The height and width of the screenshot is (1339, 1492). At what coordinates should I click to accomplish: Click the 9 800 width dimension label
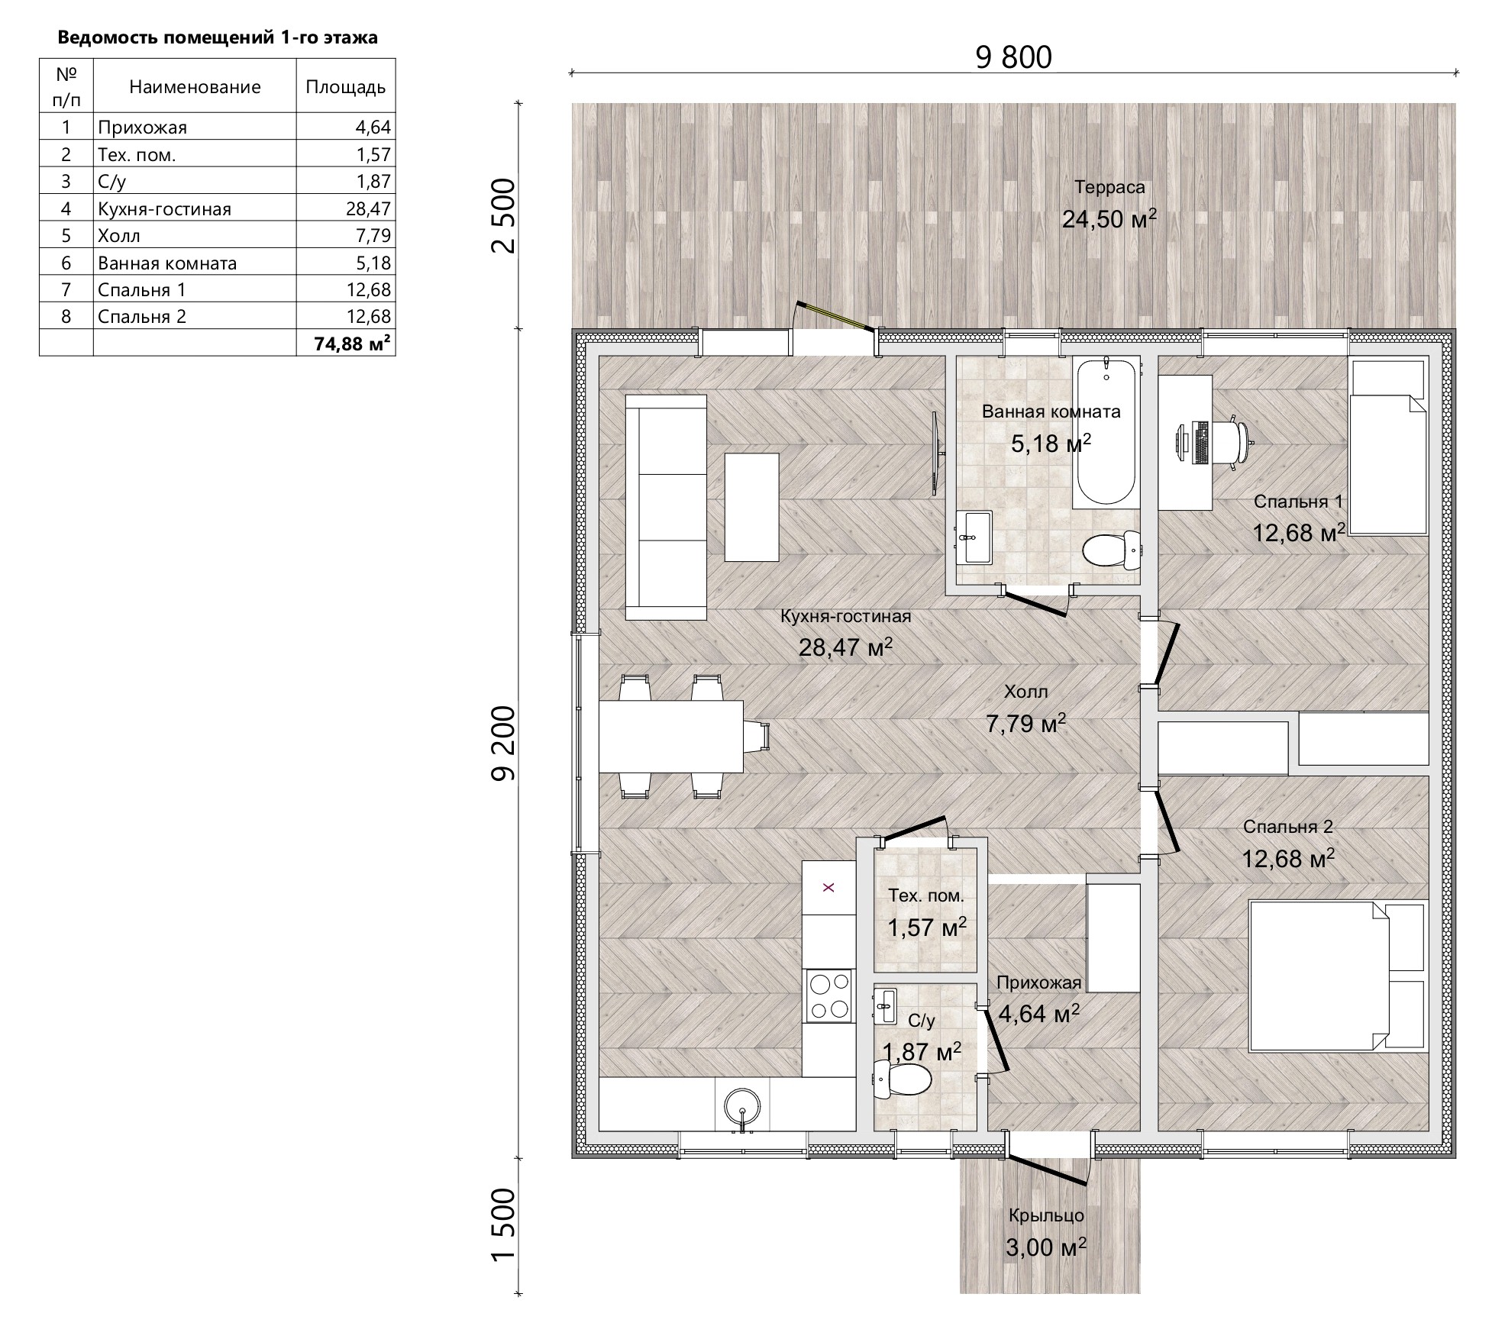click(1013, 58)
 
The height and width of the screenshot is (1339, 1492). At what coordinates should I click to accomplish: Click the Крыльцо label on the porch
click(1046, 1216)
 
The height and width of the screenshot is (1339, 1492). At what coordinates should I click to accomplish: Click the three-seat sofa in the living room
click(667, 507)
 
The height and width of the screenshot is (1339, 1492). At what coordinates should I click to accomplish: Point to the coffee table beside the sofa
click(751, 508)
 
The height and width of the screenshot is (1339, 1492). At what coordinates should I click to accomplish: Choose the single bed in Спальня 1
click(1388, 447)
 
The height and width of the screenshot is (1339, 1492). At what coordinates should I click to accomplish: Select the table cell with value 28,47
click(346, 208)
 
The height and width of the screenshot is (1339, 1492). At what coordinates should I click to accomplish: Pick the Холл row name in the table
click(119, 235)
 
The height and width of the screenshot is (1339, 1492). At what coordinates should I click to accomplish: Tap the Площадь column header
click(346, 86)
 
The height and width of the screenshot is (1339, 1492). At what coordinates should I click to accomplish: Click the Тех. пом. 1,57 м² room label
click(926, 913)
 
